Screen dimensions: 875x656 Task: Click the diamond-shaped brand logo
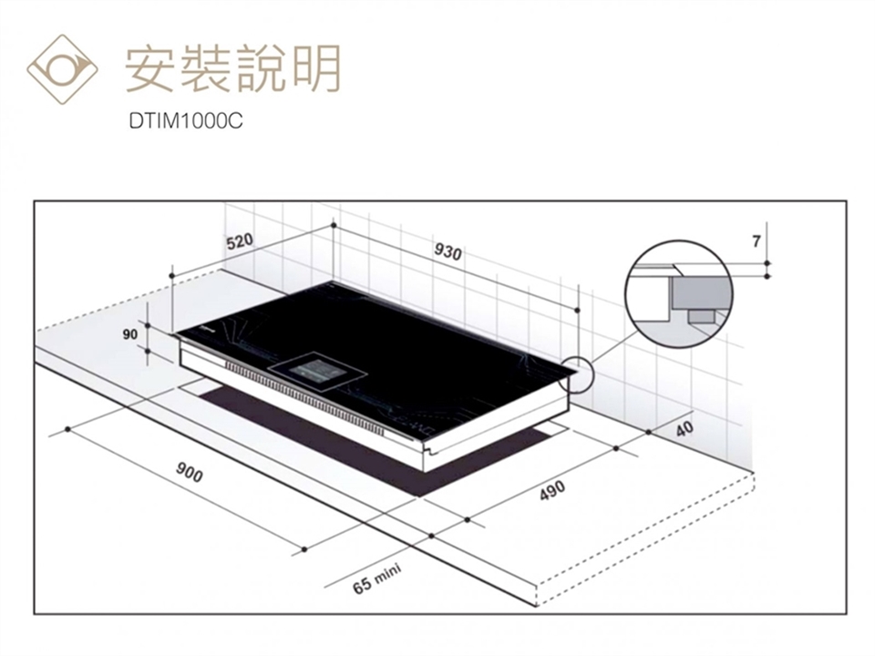coord(62,69)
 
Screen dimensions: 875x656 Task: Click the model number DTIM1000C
coord(186,121)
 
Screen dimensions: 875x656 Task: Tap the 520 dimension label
coord(240,242)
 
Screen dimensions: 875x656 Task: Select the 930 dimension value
coord(448,252)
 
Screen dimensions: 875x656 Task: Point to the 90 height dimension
coord(130,334)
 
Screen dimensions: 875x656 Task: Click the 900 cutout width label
coord(190,473)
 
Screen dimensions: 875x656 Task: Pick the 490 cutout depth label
coord(552,490)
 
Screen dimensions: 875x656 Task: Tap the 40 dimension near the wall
coord(685,428)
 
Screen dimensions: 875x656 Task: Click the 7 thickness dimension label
coord(757,241)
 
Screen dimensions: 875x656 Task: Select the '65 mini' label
coord(377,579)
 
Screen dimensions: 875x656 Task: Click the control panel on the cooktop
coord(317,371)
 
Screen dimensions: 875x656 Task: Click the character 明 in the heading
coord(318,68)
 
